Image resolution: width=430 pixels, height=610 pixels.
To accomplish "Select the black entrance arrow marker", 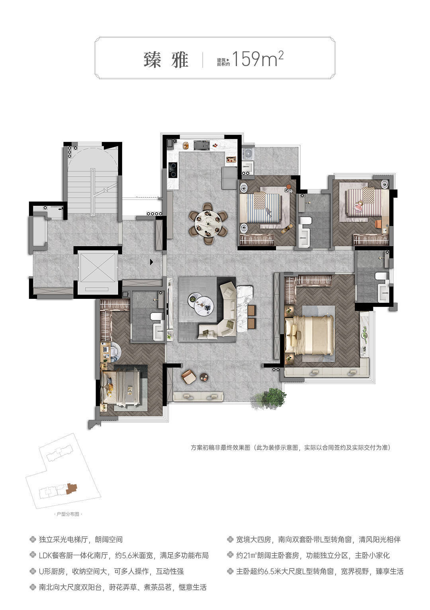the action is point(152,262).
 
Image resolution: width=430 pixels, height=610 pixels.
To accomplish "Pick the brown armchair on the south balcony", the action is point(189,378).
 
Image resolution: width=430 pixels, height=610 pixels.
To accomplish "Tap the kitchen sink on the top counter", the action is point(202,145).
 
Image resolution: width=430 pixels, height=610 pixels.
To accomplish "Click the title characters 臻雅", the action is point(166,60).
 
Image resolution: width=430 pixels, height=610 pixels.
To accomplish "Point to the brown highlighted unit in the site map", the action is point(72,489).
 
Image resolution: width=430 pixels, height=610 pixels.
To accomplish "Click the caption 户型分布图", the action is point(68,514).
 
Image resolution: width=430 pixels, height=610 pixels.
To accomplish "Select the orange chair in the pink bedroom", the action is point(379,224).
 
